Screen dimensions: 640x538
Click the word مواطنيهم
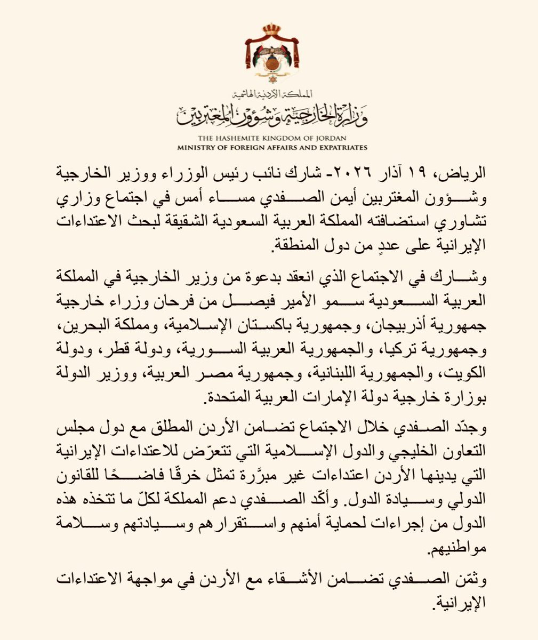coord(458,549)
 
